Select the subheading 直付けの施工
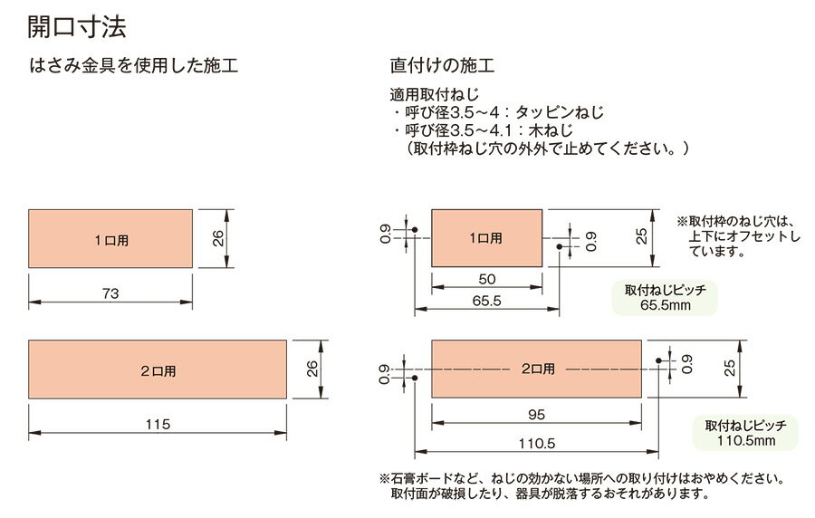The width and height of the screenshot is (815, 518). click(441, 67)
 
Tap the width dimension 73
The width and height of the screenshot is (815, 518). click(110, 293)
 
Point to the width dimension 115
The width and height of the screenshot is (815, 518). click(158, 423)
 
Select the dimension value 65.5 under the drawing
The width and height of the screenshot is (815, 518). click(486, 301)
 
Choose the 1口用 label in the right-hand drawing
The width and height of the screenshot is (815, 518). click(485, 238)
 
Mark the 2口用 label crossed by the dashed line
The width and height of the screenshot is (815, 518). click(538, 369)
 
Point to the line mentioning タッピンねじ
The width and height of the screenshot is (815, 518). click(498, 113)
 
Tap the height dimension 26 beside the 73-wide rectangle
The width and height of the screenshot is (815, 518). click(218, 239)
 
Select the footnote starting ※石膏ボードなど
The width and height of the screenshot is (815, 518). click(580, 477)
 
